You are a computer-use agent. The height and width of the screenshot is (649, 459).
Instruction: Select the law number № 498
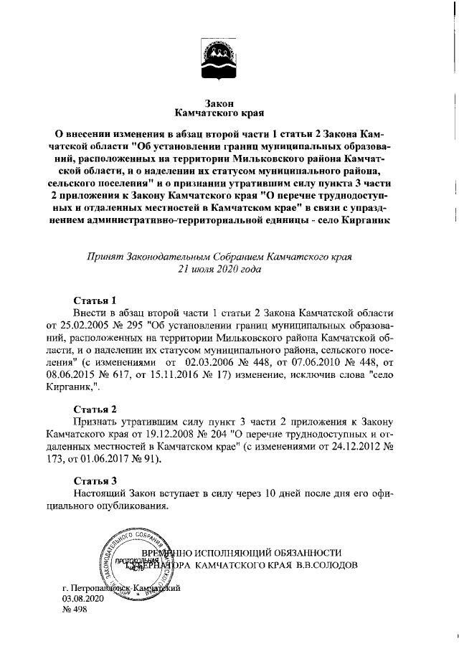(74, 608)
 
